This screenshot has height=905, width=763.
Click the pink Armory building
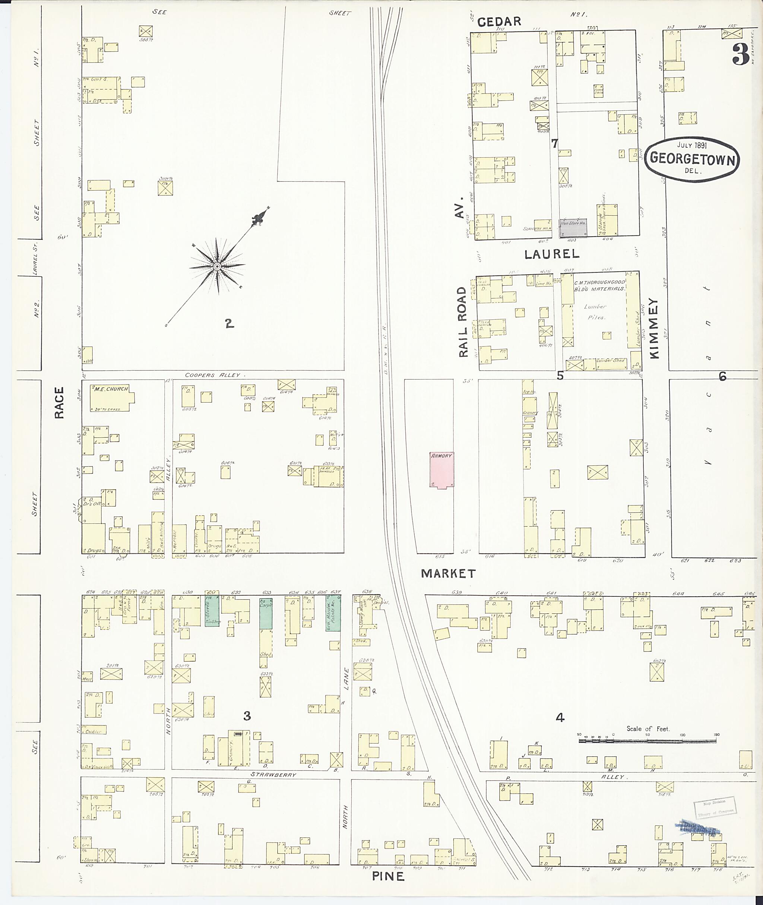(x=441, y=470)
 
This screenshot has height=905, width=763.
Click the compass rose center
(x=218, y=267)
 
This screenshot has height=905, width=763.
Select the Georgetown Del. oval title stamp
(x=693, y=158)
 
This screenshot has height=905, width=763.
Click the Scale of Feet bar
(x=647, y=741)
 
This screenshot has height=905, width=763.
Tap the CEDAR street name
(x=499, y=22)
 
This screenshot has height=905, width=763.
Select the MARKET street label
(x=448, y=574)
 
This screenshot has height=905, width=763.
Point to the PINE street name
(x=388, y=876)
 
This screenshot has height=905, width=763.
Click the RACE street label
(x=59, y=402)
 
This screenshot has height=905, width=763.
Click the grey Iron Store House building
(x=573, y=227)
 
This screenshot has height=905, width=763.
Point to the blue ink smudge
(x=696, y=827)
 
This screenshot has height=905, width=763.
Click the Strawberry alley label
(x=273, y=774)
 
